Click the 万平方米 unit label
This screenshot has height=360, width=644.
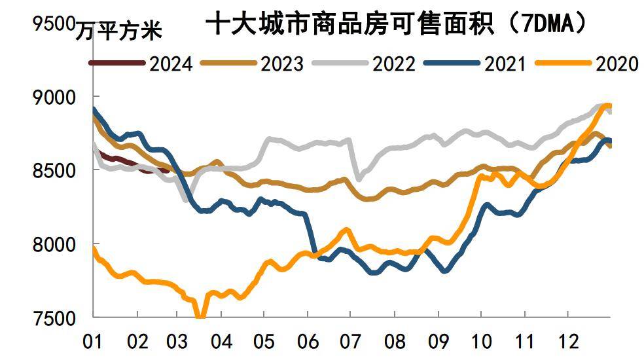coord(118,30)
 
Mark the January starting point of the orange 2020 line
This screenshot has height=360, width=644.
coord(94,249)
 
